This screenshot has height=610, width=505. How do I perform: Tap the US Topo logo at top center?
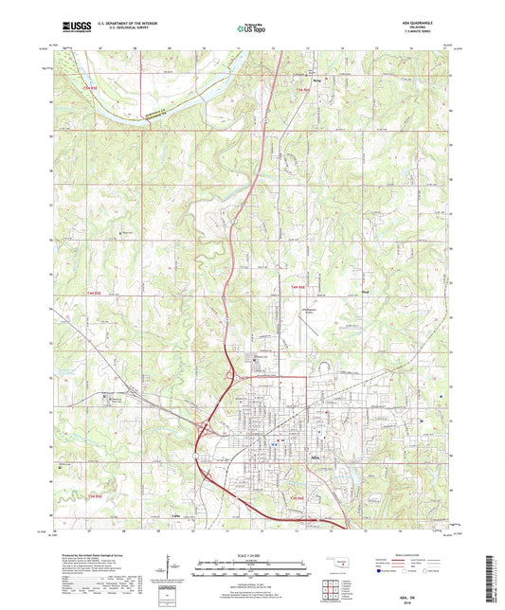click(251, 28)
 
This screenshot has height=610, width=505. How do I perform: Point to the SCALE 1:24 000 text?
click(251, 555)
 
